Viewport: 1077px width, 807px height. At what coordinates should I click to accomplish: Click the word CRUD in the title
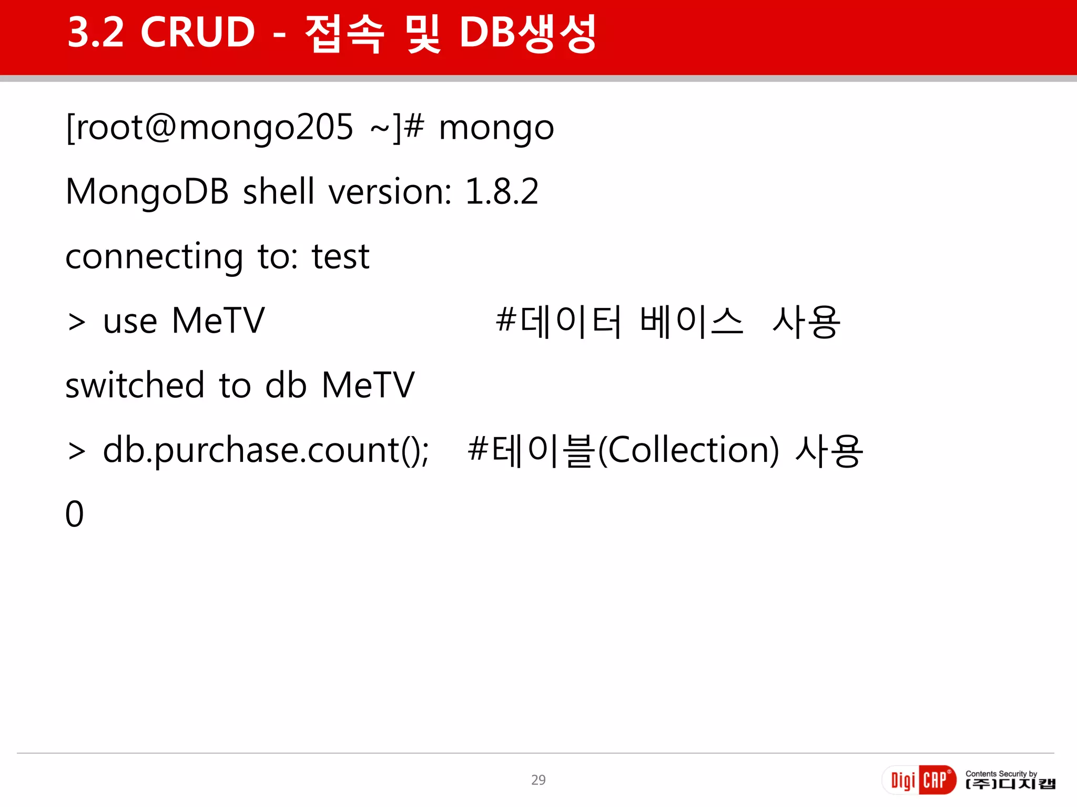198,33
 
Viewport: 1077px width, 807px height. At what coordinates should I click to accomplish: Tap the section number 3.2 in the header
96,33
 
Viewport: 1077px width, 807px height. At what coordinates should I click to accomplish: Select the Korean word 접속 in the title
344,34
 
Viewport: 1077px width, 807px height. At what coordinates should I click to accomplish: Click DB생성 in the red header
527,34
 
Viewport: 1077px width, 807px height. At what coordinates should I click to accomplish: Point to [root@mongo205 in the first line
209,128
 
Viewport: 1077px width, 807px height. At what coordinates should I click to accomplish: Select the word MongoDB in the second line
147,192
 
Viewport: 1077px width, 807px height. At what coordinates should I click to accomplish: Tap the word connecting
154,257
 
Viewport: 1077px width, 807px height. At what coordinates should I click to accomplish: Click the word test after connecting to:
341,257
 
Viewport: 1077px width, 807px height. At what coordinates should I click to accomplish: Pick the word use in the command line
130,322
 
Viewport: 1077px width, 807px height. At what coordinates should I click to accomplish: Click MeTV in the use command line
218,320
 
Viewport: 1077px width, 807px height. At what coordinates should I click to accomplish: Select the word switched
135,385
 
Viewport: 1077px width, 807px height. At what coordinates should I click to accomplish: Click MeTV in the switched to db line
368,385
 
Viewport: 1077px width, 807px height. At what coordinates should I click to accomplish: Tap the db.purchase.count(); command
266,451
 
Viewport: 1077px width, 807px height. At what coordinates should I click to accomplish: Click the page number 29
538,780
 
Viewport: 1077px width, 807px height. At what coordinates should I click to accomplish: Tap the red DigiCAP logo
918,780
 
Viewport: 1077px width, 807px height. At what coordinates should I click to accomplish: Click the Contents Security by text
1001,773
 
